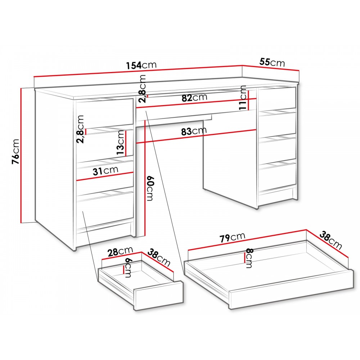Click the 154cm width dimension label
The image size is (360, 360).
coord(141,65)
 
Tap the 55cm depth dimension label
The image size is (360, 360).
coord(272,62)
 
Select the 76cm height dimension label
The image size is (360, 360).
coord(15,152)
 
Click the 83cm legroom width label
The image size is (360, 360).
coord(194,131)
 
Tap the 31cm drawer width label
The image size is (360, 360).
coord(105,171)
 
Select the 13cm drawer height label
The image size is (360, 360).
coord(121,143)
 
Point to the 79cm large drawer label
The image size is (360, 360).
coord(232,237)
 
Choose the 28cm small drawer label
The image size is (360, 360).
coord(120,251)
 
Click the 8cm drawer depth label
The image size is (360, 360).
coord(249,258)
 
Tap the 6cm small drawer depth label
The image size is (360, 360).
coord(128,268)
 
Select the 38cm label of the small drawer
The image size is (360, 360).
coord(159,258)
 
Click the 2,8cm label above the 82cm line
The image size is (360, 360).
coord(142,89)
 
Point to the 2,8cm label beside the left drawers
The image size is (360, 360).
coord(81,129)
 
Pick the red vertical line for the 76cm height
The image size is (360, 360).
coord(21,155)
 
